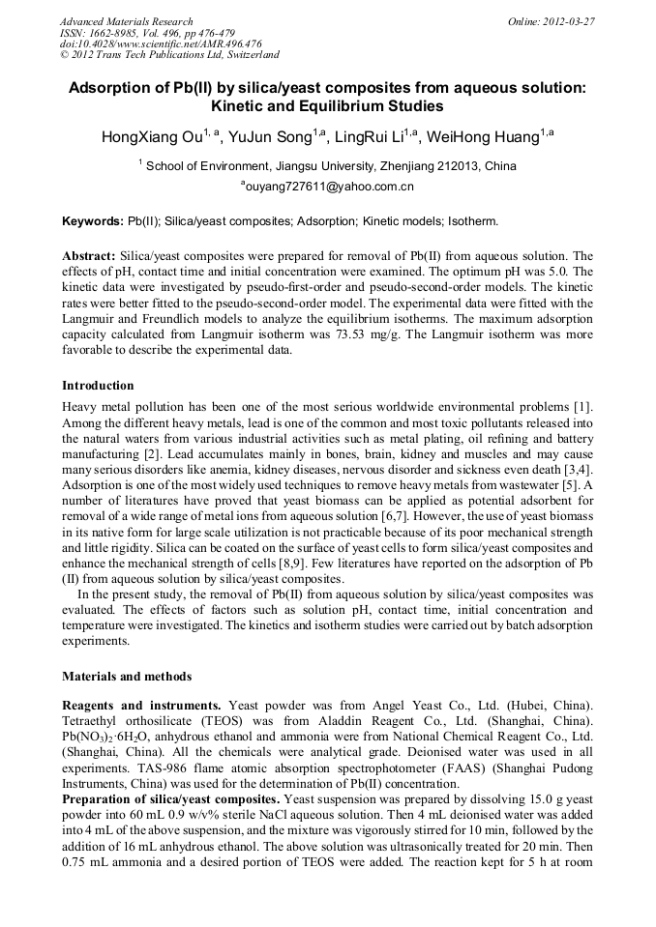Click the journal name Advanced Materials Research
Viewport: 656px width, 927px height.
click(x=126, y=21)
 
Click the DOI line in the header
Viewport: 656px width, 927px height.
click(x=161, y=43)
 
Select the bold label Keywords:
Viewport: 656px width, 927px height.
click(x=92, y=221)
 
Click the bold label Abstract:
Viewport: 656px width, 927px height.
click(x=89, y=256)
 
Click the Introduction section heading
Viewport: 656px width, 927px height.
click(x=98, y=386)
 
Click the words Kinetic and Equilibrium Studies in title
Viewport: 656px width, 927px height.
click(x=327, y=106)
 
